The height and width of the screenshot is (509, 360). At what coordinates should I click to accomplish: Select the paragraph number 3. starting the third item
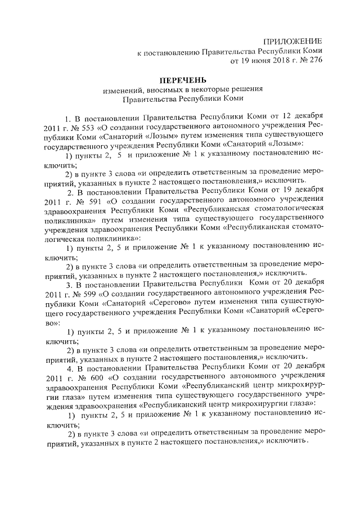70,282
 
